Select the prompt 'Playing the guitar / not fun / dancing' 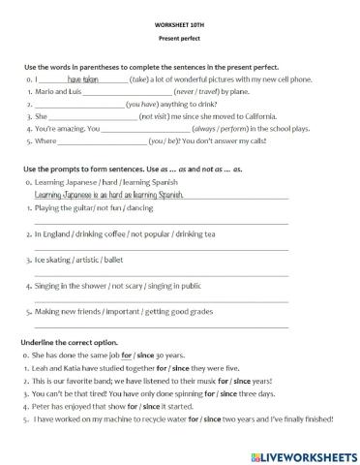pos(93,207)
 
